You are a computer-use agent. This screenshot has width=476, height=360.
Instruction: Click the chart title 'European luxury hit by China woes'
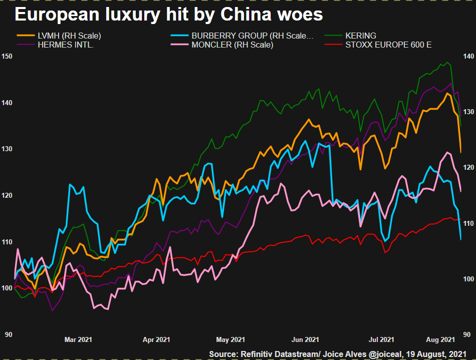[169, 15]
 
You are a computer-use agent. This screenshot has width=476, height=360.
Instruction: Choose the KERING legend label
[360, 36]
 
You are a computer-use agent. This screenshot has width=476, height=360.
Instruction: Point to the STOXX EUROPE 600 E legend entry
[388, 45]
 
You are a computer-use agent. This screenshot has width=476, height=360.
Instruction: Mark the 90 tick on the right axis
[466, 334]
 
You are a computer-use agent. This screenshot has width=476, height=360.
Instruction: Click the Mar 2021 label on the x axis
[78, 340]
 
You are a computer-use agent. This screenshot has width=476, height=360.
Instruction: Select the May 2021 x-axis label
[230, 340]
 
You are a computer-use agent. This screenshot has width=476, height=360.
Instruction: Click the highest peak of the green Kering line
[447, 63]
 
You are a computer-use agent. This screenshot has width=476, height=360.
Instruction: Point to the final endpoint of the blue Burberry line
[460, 239]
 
